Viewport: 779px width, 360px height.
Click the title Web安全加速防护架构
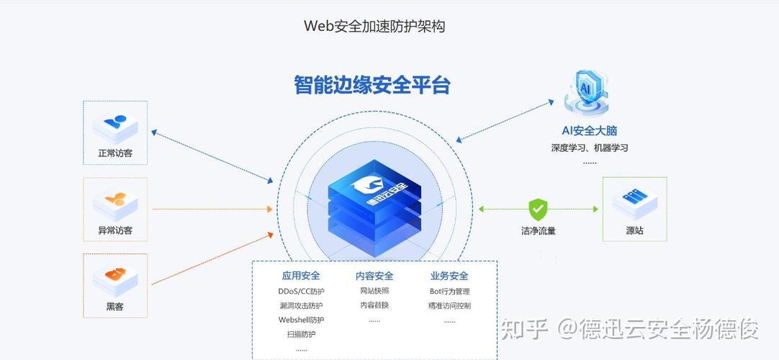coord(374,27)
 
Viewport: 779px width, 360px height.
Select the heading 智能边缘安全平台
coord(372,85)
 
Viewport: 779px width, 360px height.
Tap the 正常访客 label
coord(115,153)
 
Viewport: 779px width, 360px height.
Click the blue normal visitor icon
coord(115,125)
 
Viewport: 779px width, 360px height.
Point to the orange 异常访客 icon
coord(115,201)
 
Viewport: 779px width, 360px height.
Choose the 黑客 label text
coord(115,306)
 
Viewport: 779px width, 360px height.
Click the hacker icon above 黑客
coord(115,276)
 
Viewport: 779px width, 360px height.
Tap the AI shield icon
coord(589,92)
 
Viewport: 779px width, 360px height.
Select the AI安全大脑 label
coord(590,131)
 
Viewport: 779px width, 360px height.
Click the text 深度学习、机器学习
coord(590,148)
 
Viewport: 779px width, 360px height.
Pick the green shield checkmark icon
coord(538,210)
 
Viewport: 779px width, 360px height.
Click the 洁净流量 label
coord(539,231)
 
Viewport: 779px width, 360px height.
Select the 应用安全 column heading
coord(301,276)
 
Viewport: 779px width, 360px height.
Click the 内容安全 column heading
coord(374,276)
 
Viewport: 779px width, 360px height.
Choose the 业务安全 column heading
coord(449,276)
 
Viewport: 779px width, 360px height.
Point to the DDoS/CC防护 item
coord(301,292)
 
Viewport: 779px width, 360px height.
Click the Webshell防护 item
coord(301,320)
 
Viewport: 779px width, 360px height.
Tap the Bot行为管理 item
coord(449,292)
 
